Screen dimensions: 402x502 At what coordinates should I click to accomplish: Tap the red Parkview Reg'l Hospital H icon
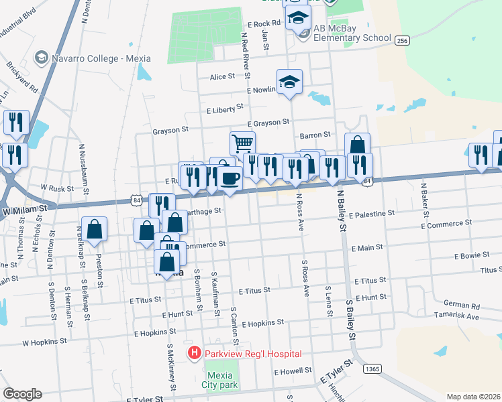coord(195,353)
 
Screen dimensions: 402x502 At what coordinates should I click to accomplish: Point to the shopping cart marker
coord(242,143)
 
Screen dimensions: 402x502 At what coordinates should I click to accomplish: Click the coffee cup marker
coord(230,178)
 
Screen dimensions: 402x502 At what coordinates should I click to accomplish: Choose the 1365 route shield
coord(372,369)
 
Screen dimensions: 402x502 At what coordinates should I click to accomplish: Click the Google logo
coord(22,393)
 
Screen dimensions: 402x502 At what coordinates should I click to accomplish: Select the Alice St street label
coord(222,77)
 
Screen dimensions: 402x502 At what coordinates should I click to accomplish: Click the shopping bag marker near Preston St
coord(94,229)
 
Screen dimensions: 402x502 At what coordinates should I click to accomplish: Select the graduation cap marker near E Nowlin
coord(289,82)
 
